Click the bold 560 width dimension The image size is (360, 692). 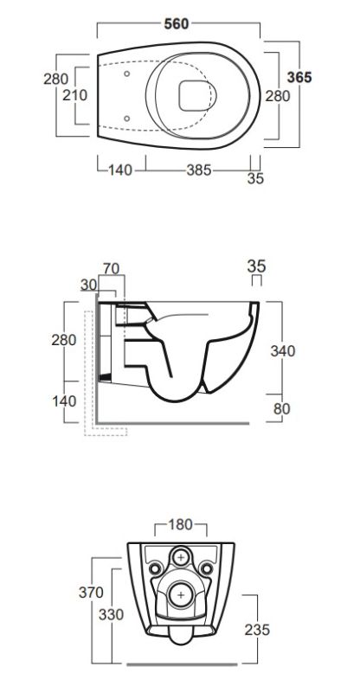[177, 23]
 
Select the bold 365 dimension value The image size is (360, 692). [299, 77]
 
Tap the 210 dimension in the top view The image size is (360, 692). [75, 95]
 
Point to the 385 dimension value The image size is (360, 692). [199, 170]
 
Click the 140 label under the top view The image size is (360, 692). [119, 170]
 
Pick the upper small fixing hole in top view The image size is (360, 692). [126, 74]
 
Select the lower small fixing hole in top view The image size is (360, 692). [126, 119]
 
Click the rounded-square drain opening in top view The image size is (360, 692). [195, 96]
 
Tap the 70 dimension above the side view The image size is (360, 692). [112, 268]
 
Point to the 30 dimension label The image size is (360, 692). [89, 285]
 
